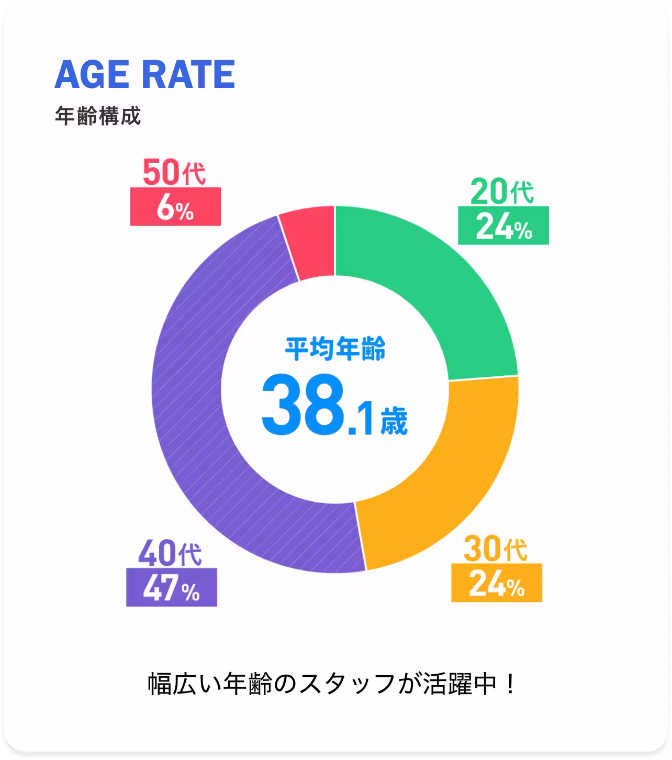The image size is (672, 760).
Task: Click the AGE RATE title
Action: pyautogui.click(x=144, y=74)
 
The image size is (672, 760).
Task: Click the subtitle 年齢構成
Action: pyautogui.click(x=98, y=116)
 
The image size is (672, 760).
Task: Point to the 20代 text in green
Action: pyautogui.click(x=502, y=192)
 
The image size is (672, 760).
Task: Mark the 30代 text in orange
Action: pyautogui.click(x=495, y=550)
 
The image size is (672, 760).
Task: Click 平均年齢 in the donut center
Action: pyautogui.click(x=335, y=349)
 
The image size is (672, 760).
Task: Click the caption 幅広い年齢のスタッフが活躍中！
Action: pyautogui.click(x=333, y=684)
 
